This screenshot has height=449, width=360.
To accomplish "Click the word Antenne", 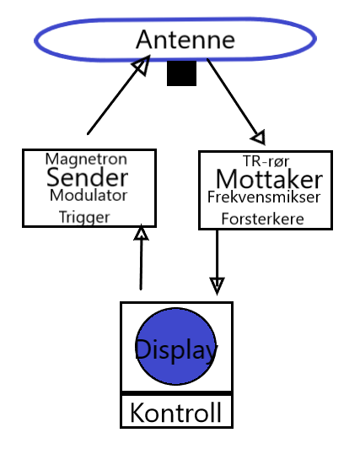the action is point(185,40).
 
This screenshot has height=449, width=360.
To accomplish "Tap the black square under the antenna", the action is point(181,73).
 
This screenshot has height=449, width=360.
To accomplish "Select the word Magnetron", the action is point(86,160).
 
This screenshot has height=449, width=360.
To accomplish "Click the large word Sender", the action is point(87,177).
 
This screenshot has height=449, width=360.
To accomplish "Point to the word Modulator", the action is point(89,196).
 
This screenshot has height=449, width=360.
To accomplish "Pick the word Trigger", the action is point(84,218).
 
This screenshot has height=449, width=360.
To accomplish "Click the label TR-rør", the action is point(266,161).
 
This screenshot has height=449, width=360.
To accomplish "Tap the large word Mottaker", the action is point(269,179).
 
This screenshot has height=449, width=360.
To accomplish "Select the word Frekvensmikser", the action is point(264,197).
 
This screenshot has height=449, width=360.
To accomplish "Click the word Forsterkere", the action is point(262,219).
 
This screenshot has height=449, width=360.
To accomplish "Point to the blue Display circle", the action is point(175,346).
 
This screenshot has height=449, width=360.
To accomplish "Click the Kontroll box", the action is point(176,412).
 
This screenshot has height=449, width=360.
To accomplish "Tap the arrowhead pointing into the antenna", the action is point(142,65).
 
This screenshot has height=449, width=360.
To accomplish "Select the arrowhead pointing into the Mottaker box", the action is point(259,138).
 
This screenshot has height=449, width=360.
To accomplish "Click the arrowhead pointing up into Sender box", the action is point(142,232).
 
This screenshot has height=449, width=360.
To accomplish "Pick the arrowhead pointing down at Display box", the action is point(217,286).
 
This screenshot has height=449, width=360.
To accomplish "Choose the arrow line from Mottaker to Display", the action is point(217,262).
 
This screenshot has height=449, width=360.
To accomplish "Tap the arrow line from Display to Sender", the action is point(141,257).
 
